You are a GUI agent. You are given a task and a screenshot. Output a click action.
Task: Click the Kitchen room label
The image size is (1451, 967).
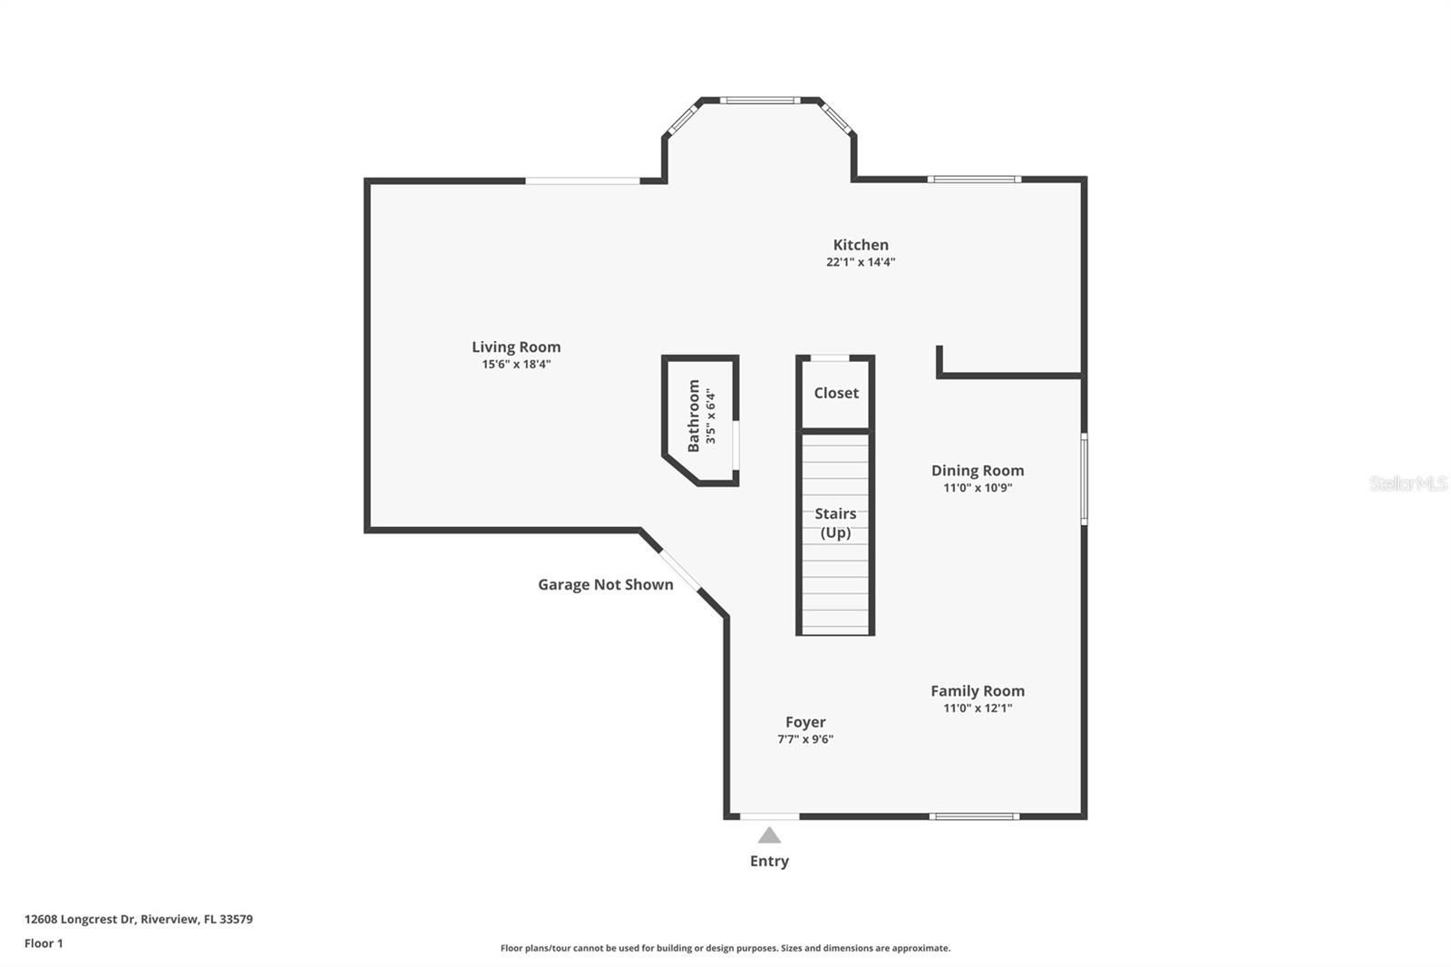coord(861,245)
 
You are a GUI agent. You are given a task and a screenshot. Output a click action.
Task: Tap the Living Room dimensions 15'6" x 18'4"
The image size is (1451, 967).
coord(516,365)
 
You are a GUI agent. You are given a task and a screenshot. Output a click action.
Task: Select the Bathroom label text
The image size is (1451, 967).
coord(694,415)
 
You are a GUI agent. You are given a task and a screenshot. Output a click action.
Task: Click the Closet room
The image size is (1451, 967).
coord(835,393)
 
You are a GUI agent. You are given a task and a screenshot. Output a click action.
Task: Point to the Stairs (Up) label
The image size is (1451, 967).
coord(835,523)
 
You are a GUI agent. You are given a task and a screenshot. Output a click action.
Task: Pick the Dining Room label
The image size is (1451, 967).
coord(977,470)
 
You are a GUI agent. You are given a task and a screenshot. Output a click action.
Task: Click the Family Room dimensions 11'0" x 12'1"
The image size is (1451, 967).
coord(977,708)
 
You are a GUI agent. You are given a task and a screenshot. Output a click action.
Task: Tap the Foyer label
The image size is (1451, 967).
coord(805,722)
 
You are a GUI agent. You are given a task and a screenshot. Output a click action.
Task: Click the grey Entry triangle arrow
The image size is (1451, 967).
coord(769,835)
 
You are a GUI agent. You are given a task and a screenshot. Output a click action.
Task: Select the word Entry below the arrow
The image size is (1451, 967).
coord(769,861)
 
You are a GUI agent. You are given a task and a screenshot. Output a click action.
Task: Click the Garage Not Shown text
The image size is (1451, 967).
coord(605,585)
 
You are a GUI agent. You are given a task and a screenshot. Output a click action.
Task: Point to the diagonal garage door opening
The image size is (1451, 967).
coord(679,571)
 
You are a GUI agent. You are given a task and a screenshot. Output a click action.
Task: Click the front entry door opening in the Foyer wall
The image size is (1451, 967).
coord(769,816)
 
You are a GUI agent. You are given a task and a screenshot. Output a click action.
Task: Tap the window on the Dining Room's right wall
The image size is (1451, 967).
coord(1084,479)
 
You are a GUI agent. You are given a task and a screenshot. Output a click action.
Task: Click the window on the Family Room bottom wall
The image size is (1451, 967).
coord(975,816)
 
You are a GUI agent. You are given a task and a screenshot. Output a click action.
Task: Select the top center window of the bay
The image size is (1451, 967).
coord(760,100)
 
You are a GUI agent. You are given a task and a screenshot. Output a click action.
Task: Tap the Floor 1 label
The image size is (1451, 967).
coord(44,943)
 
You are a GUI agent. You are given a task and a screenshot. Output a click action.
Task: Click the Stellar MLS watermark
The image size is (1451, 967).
coord(1407,483)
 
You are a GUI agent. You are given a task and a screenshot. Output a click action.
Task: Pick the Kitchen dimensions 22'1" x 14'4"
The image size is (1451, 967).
coord(861,262)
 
